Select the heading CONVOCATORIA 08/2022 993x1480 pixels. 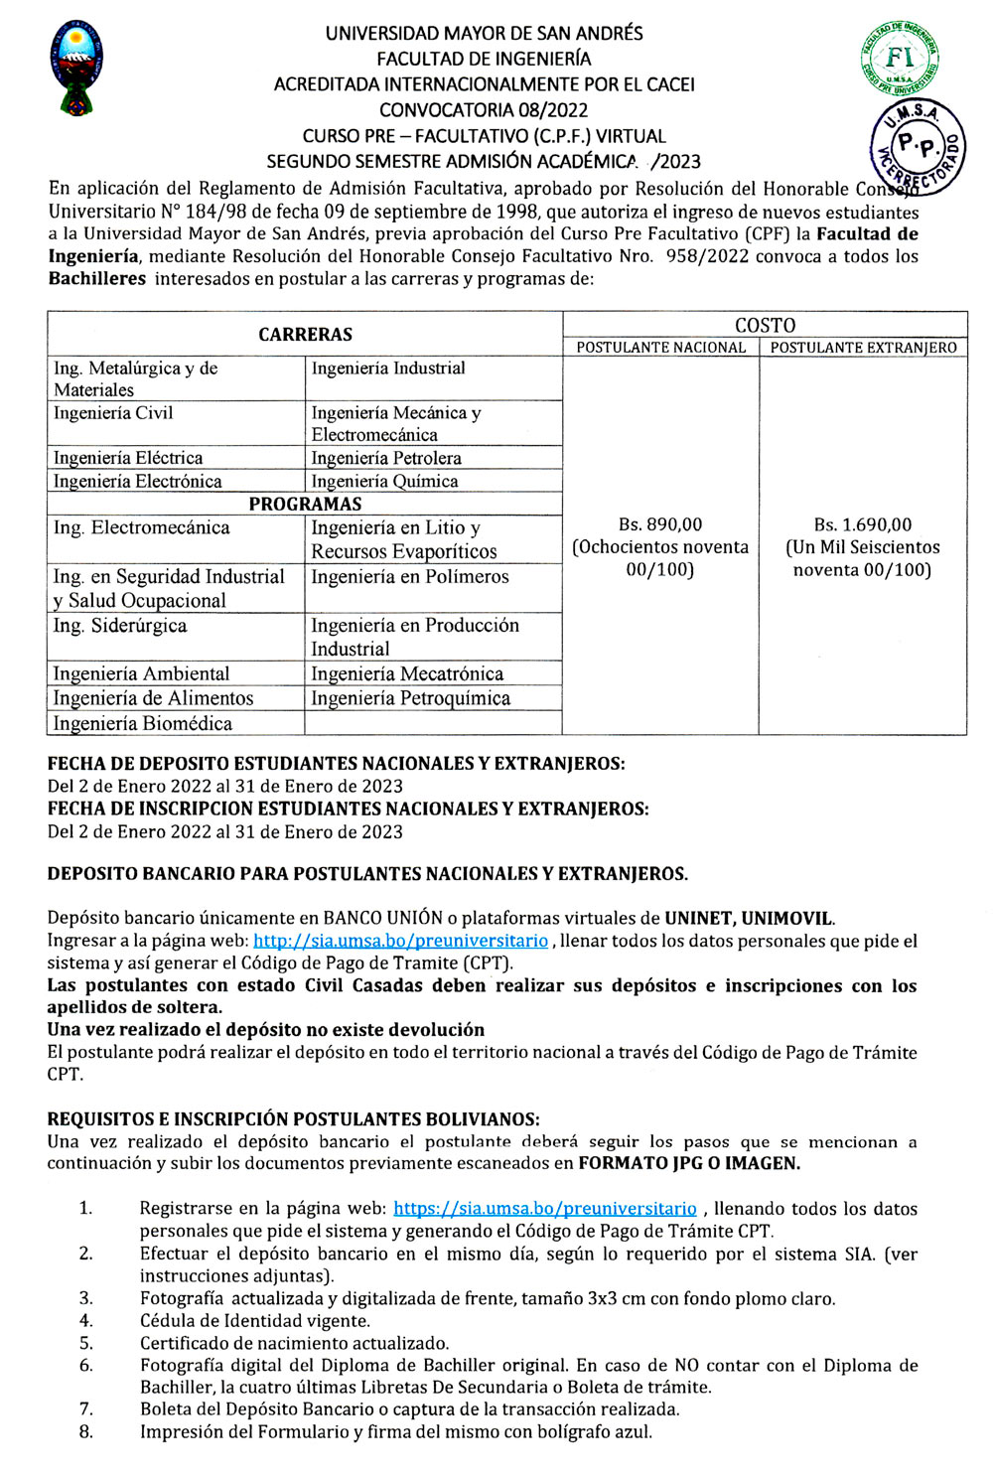[x=484, y=110]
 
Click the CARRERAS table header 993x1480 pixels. [x=305, y=335]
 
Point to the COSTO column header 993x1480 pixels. [x=765, y=325]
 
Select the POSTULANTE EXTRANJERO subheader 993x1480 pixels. [x=863, y=348]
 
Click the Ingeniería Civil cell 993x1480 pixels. [x=113, y=413]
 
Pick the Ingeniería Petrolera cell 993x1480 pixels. [x=386, y=458]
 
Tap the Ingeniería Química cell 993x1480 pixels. [x=384, y=481]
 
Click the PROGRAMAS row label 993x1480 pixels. [x=305, y=504]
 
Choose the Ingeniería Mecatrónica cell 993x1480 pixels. [x=407, y=673]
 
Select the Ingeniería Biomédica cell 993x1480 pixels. [x=142, y=723]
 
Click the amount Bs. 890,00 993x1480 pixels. [x=660, y=524]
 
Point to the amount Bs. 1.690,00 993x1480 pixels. [x=862, y=524]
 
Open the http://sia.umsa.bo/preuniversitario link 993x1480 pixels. [x=400, y=941]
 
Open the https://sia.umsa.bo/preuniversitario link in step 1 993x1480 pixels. [x=545, y=1209]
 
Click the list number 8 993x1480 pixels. [x=86, y=1431]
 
